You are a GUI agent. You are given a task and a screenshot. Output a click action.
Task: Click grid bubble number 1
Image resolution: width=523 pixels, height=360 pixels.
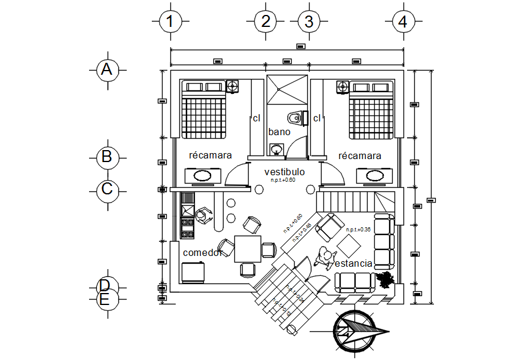[170, 22]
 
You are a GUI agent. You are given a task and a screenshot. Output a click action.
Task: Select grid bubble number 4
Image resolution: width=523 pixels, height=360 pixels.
[403, 22]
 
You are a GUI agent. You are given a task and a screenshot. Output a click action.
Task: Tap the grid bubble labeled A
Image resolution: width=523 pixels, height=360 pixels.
[107, 70]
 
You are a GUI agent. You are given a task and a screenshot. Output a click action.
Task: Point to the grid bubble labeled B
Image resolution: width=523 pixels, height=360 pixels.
[107, 157]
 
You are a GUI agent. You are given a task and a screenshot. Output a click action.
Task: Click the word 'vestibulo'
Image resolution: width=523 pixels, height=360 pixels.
[285, 172]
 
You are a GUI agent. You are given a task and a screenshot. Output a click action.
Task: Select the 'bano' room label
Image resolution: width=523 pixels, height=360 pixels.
[279, 132]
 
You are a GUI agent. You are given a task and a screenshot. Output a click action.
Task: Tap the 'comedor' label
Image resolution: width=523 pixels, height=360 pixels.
[203, 252]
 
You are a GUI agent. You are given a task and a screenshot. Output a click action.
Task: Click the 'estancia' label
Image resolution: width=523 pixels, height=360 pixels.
[354, 263]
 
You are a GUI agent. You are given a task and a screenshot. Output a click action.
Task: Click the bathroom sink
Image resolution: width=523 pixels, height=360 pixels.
[277, 149]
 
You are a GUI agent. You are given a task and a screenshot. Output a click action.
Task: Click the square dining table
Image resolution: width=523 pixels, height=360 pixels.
[247, 249]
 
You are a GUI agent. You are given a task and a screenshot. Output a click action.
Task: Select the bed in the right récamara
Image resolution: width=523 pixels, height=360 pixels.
[371, 109]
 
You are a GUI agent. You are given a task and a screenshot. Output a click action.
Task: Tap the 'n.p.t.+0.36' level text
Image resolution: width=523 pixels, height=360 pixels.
[359, 230]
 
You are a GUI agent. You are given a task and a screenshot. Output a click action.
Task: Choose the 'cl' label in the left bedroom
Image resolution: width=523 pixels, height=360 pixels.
[256, 118]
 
